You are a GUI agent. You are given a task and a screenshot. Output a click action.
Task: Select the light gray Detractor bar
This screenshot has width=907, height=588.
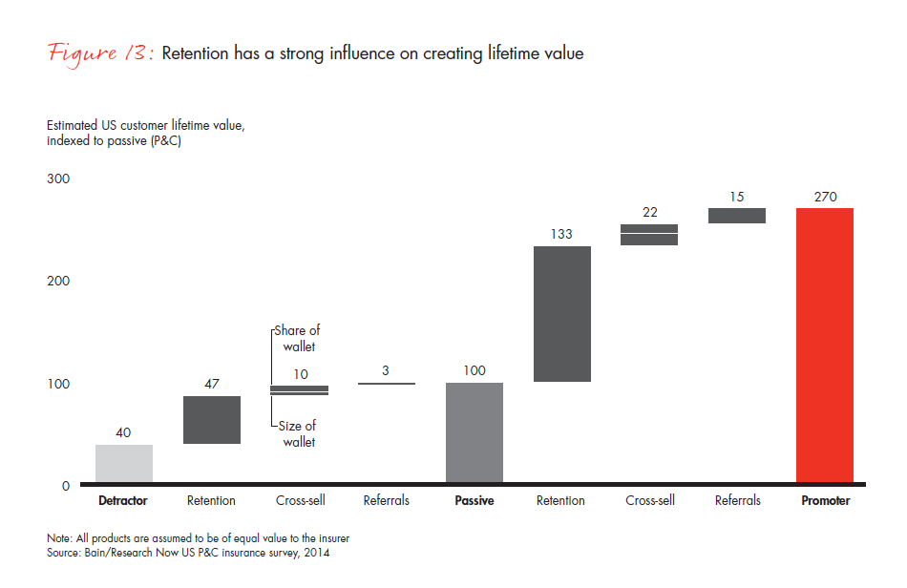click(x=124, y=465)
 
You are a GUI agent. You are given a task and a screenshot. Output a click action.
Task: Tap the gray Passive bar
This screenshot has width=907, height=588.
click(x=475, y=433)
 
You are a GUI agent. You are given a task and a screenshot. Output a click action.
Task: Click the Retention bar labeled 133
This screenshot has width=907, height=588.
click(x=561, y=314)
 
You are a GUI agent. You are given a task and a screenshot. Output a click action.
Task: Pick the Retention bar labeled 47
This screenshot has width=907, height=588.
click(x=211, y=420)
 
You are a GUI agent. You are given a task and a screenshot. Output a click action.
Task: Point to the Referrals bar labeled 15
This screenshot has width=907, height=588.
click(x=736, y=216)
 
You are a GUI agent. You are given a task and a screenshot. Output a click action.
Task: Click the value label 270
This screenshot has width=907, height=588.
click(x=825, y=197)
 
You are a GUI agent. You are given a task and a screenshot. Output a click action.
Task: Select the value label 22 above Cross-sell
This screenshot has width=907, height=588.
click(x=649, y=212)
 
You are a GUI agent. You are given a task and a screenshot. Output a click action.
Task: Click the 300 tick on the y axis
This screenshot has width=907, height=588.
click(x=59, y=179)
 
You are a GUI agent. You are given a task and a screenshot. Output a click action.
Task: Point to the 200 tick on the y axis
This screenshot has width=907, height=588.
click(x=59, y=282)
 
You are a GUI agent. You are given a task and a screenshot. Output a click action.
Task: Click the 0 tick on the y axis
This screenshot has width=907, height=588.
click(x=66, y=486)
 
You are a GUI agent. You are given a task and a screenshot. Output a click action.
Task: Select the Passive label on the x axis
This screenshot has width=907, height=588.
click(x=475, y=500)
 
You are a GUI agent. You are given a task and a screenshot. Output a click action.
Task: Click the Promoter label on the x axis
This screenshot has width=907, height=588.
click(x=825, y=500)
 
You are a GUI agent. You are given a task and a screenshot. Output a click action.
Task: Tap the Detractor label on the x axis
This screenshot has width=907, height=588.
click(x=123, y=500)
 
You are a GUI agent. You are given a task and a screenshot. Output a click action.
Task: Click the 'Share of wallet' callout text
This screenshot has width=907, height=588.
click(x=298, y=339)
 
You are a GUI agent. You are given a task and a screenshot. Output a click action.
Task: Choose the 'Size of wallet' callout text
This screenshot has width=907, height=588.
click(x=298, y=433)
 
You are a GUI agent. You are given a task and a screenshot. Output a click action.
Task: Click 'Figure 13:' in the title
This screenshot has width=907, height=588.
click(x=100, y=53)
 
